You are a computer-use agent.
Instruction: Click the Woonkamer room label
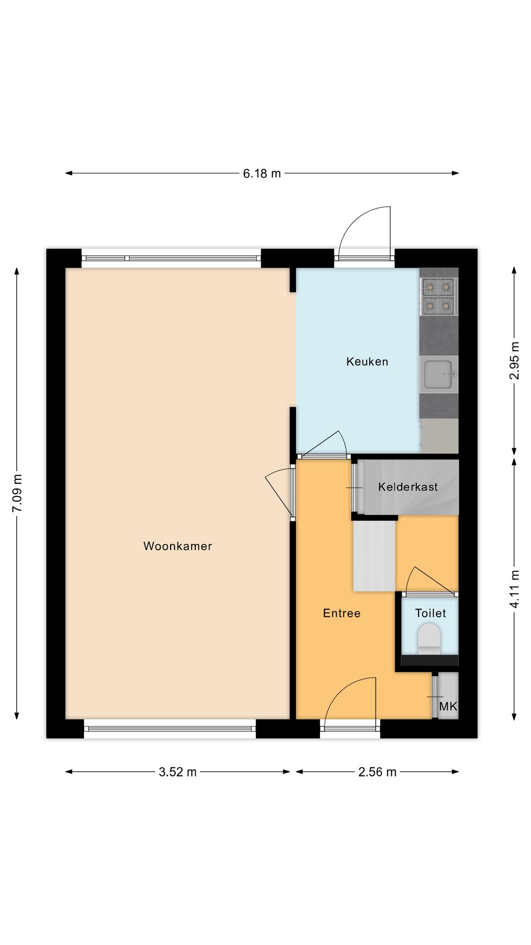pos(177,546)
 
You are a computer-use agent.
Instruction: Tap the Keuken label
pos(367,362)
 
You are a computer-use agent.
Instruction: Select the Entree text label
pos(342,613)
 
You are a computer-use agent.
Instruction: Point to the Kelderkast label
pos(408,487)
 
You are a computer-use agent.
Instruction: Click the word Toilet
pos(430,613)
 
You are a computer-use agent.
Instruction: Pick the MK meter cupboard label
pos(448,707)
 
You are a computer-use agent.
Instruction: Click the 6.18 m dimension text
pos(262,173)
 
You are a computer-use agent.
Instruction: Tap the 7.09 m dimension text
pos(18,493)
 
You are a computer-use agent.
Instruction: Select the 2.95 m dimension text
pos(514,360)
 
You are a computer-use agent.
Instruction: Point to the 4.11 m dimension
pos(514,589)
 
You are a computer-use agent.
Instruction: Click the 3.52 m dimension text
pos(177,772)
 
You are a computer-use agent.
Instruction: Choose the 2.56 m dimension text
pos(377,772)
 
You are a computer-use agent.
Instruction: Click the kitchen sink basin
pos(438,375)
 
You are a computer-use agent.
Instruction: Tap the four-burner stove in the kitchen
pos(438,296)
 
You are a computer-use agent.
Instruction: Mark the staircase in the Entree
pos(374,556)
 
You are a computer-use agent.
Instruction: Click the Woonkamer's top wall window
pos(171,258)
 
